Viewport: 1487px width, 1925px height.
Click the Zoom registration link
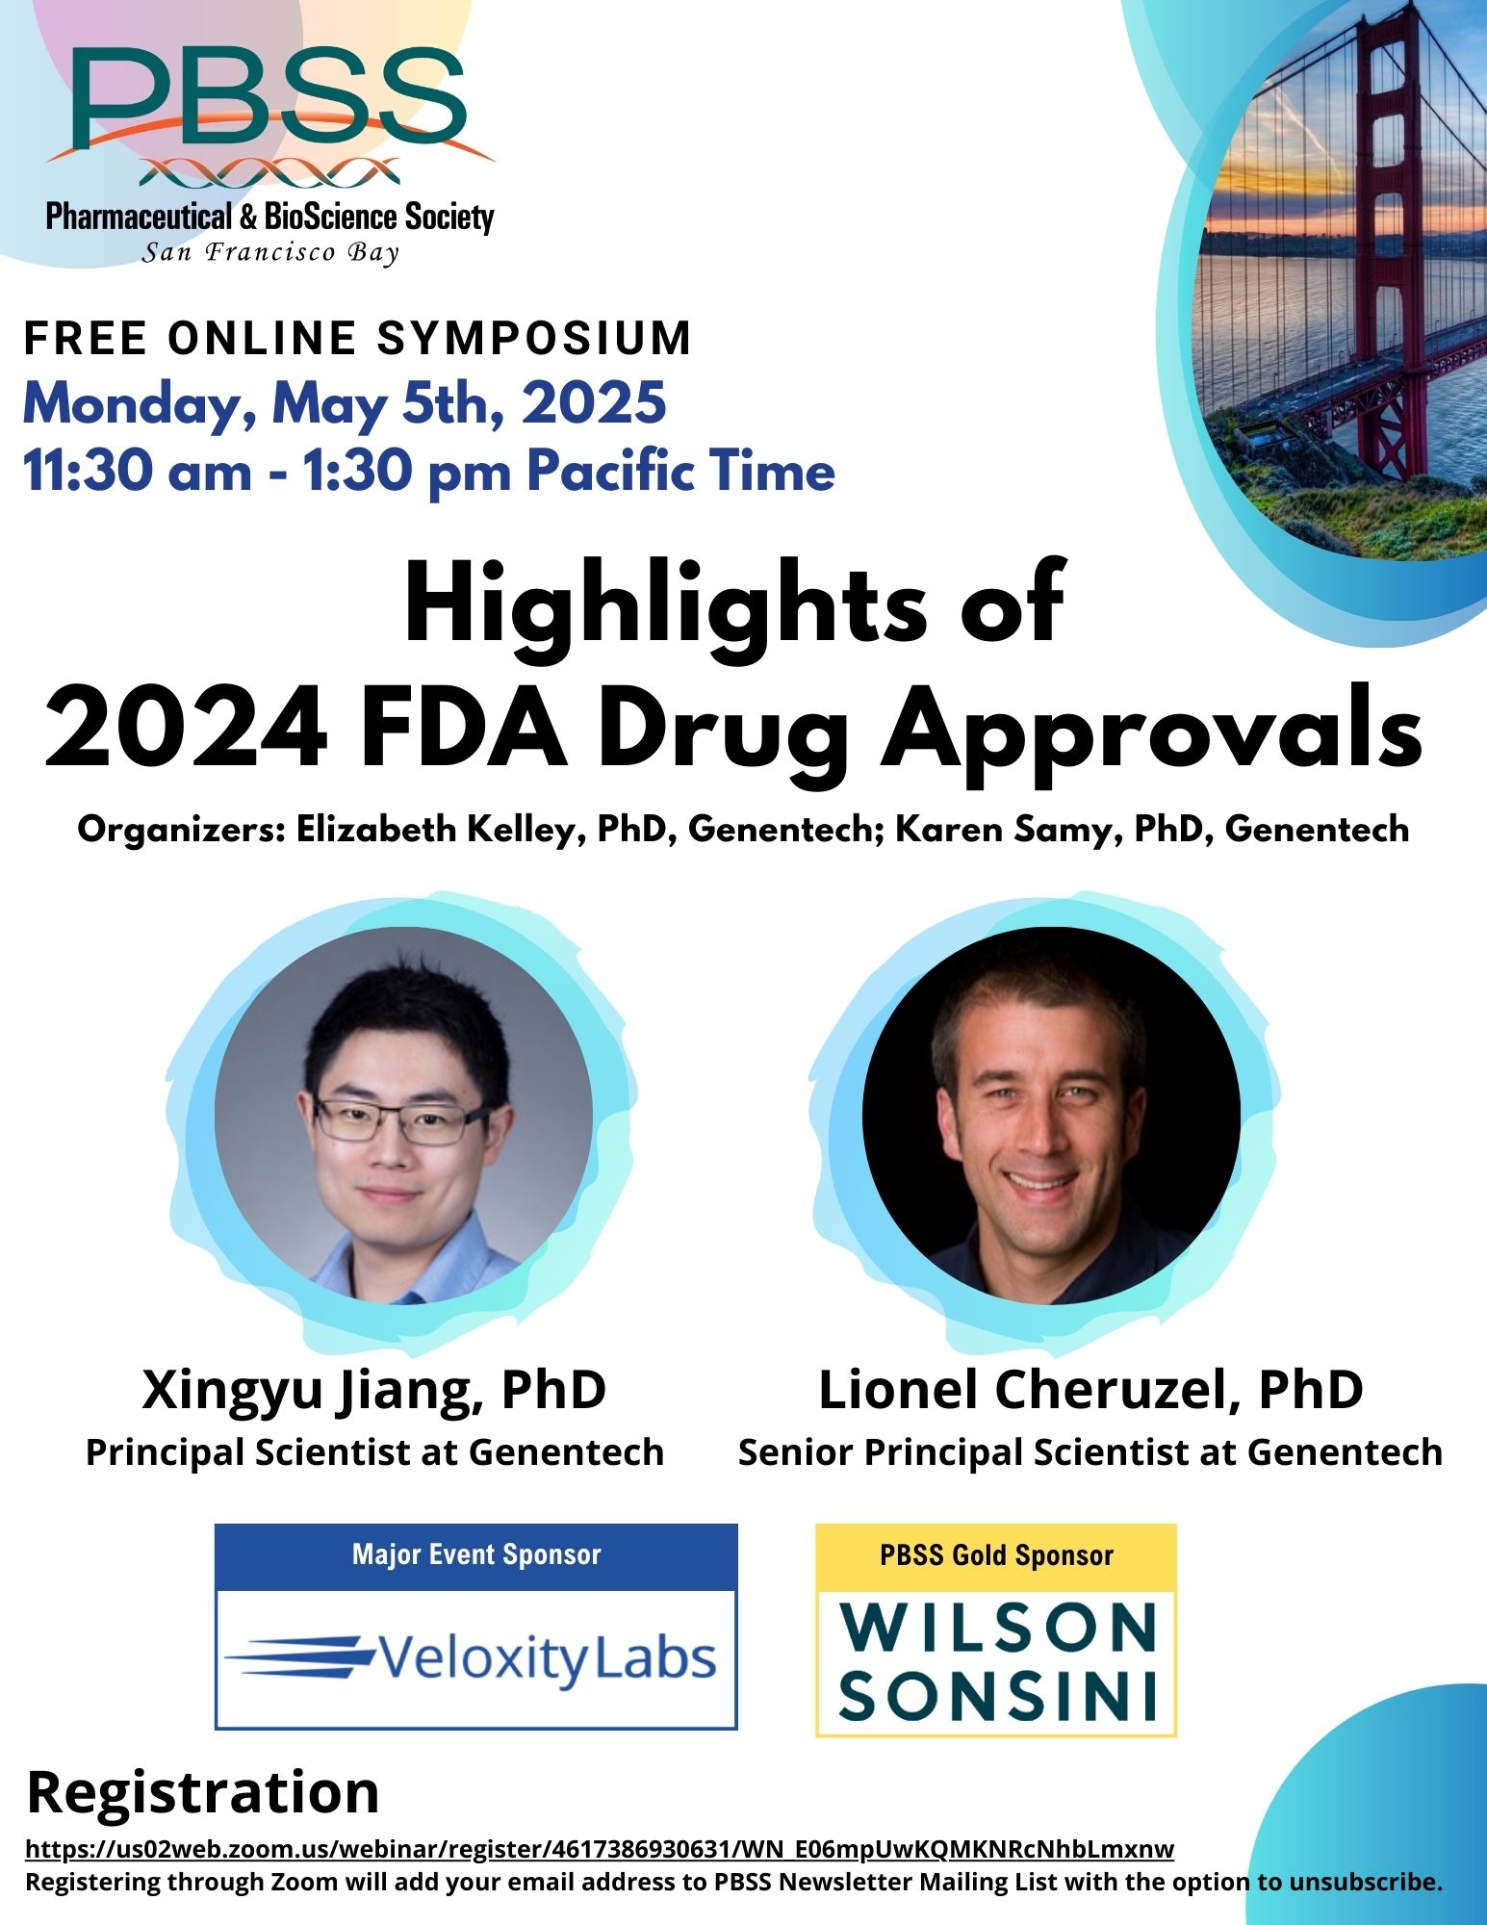(600, 1849)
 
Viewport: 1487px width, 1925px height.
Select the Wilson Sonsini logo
(997, 1661)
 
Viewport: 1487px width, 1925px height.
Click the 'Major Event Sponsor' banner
(476, 1554)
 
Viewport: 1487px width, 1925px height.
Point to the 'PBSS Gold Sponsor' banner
(996, 1555)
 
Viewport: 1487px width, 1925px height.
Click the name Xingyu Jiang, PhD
(374, 1390)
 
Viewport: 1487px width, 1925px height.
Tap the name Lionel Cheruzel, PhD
(1090, 1390)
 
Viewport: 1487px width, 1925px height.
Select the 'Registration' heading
(203, 1792)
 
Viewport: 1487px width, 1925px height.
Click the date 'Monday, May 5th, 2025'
(345, 404)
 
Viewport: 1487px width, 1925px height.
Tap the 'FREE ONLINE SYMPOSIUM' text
(357, 338)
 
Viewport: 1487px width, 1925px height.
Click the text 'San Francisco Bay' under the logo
(270, 253)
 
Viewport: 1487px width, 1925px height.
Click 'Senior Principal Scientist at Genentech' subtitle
(1090, 1451)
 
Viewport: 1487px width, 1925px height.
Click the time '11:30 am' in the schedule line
(137, 472)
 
